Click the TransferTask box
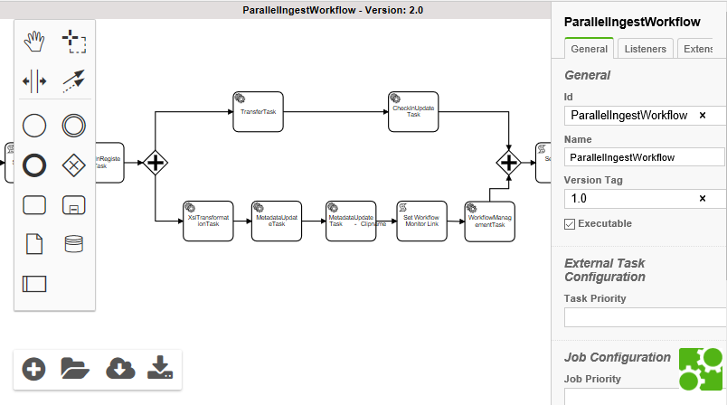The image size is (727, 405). coord(258,111)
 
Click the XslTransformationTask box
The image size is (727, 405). coord(208,221)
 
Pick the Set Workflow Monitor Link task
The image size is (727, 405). coord(421,221)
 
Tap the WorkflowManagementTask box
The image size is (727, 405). coord(490,221)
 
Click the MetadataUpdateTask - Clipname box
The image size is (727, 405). coord(351,221)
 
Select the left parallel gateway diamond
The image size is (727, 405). coord(156,163)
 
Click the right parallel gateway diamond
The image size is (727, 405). coord(509,163)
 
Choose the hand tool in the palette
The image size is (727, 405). coord(34,40)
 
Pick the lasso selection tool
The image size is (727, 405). coord(73,40)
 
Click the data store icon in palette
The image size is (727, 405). coord(73,243)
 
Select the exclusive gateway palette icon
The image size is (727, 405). coord(73,165)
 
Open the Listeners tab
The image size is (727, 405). coord(646,49)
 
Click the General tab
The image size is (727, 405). coord(589,49)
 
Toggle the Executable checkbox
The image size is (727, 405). coord(570,224)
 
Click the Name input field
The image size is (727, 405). coord(644,157)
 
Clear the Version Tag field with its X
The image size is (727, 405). coord(703,198)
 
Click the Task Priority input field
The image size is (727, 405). coord(644,316)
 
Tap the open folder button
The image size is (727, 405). coord(75,368)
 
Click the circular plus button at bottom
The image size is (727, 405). coord(34,368)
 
